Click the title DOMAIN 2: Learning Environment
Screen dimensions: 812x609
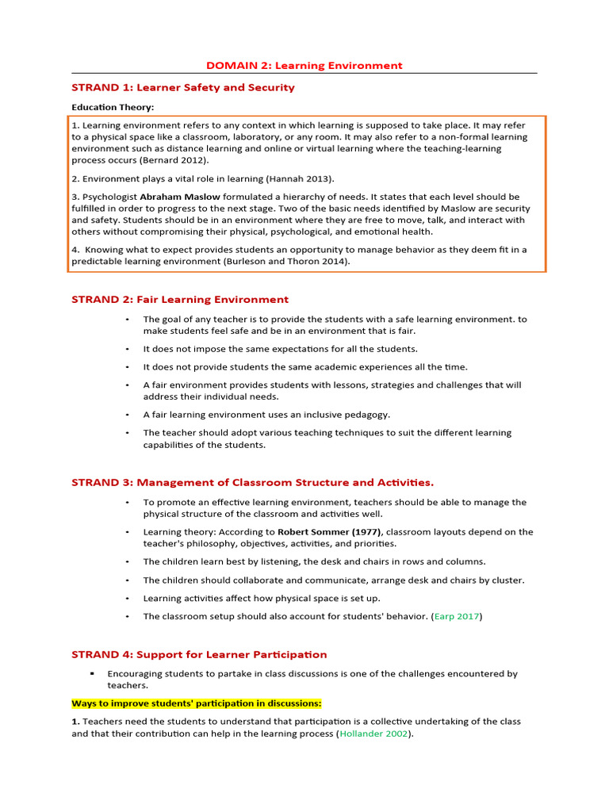[x=304, y=66]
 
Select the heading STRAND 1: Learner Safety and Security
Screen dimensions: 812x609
[x=183, y=87]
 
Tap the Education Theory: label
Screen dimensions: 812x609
[x=113, y=107]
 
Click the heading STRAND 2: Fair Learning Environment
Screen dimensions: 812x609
[x=180, y=300]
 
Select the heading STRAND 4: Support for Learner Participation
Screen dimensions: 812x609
[x=199, y=654]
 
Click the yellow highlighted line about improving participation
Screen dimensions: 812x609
[x=197, y=703]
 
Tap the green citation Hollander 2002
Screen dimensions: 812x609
[x=375, y=734]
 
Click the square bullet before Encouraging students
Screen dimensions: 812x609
[x=114, y=674]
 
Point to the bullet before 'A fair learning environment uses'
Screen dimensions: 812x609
[x=127, y=415]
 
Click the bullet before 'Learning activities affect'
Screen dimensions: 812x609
[x=127, y=599]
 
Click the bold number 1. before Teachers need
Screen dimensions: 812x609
[x=75, y=722]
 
